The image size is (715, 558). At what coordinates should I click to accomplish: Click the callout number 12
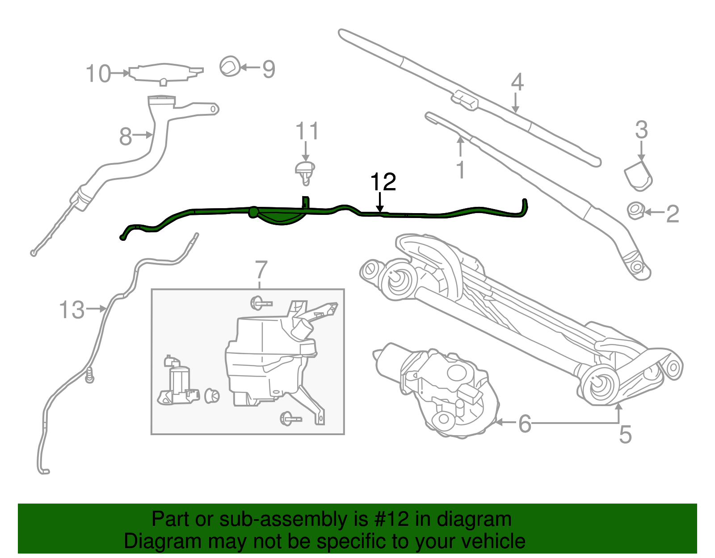pos(383,181)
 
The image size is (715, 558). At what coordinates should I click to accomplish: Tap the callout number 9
pos(269,69)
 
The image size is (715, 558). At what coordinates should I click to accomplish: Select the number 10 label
pos(98,73)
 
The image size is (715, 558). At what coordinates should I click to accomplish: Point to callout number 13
pos(72,310)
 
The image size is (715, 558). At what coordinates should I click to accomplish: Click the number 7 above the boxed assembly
pos(261,270)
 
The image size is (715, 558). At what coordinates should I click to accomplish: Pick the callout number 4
pos(517,82)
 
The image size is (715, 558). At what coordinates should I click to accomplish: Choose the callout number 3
pos(641,130)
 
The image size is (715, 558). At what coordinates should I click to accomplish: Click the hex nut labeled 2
pos(635,211)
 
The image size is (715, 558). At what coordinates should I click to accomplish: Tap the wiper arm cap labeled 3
pos(638,176)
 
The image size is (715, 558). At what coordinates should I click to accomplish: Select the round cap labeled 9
pos(230,67)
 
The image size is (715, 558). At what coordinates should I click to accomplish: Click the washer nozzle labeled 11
pos(305,173)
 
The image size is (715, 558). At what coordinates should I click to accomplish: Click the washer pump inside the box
pos(178,382)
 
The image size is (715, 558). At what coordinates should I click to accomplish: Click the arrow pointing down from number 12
pos(380,202)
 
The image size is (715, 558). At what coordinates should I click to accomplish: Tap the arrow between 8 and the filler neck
pos(143,134)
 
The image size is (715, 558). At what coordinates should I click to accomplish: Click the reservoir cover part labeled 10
pos(166,74)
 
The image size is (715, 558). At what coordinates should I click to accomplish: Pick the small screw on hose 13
pos(89,376)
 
